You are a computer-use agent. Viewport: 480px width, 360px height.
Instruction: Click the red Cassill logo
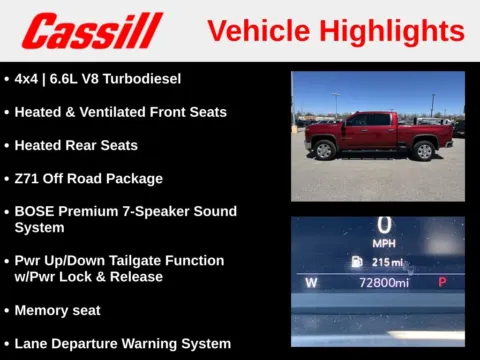(x=92, y=30)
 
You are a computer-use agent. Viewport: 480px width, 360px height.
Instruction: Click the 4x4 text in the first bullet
(x=28, y=78)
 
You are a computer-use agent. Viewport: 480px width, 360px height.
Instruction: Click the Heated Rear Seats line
(x=76, y=145)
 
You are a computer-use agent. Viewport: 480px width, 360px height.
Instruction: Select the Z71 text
(x=27, y=178)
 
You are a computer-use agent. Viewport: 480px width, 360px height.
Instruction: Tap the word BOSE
(x=35, y=211)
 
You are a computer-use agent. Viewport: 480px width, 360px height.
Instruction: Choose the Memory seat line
(x=57, y=310)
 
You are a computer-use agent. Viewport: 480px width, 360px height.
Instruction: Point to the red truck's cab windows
(x=367, y=120)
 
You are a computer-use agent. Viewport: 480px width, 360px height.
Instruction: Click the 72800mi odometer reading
(x=384, y=283)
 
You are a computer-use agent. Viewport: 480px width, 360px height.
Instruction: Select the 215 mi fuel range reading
(x=386, y=262)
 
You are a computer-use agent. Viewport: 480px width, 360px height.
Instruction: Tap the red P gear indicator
(x=442, y=283)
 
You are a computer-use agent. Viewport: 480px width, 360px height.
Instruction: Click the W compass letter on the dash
(x=311, y=283)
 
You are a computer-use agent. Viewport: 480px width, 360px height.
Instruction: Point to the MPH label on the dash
(x=384, y=243)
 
